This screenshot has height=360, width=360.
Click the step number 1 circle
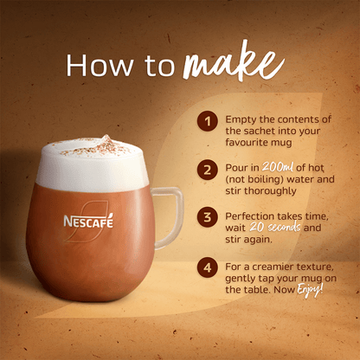[208, 120]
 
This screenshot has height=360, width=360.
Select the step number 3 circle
[208, 217]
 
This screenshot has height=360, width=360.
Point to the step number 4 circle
[208, 267]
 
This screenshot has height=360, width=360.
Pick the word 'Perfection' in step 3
[254, 215]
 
